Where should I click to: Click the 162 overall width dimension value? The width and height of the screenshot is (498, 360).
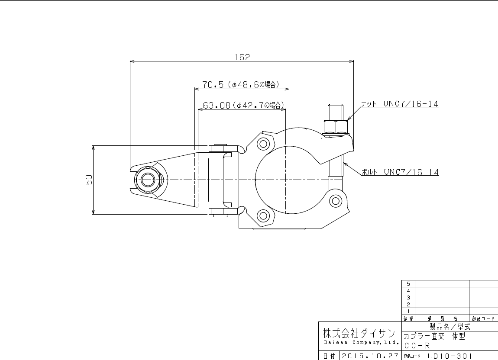pyautogui.click(x=242, y=57)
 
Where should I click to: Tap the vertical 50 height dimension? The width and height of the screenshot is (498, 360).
pyautogui.click(x=88, y=180)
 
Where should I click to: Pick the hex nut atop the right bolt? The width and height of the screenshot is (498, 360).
pyautogui.click(x=336, y=126)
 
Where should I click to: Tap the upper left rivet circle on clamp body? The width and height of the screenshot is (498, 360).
pyautogui.click(x=263, y=143)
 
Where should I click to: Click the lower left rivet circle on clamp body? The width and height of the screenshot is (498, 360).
pyautogui.click(x=263, y=215)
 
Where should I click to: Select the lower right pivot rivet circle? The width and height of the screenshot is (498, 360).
pyautogui.click(x=335, y=200)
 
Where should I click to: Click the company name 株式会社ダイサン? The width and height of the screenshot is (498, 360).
pyautogui.click(x=359, y=333)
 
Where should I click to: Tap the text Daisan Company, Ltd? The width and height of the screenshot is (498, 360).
pyautogui.click(x=359, y=343)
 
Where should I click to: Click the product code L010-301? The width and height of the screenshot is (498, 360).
pyautogui.click(x=449, y=356)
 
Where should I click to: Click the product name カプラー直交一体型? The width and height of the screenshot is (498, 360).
pyautogui.click(x=435, y=336)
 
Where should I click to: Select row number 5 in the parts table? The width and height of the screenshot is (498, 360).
pyautogui.click(x=408, y=283)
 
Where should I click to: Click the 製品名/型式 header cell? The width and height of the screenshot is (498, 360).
pyautogui.click(x=449, y=327)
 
